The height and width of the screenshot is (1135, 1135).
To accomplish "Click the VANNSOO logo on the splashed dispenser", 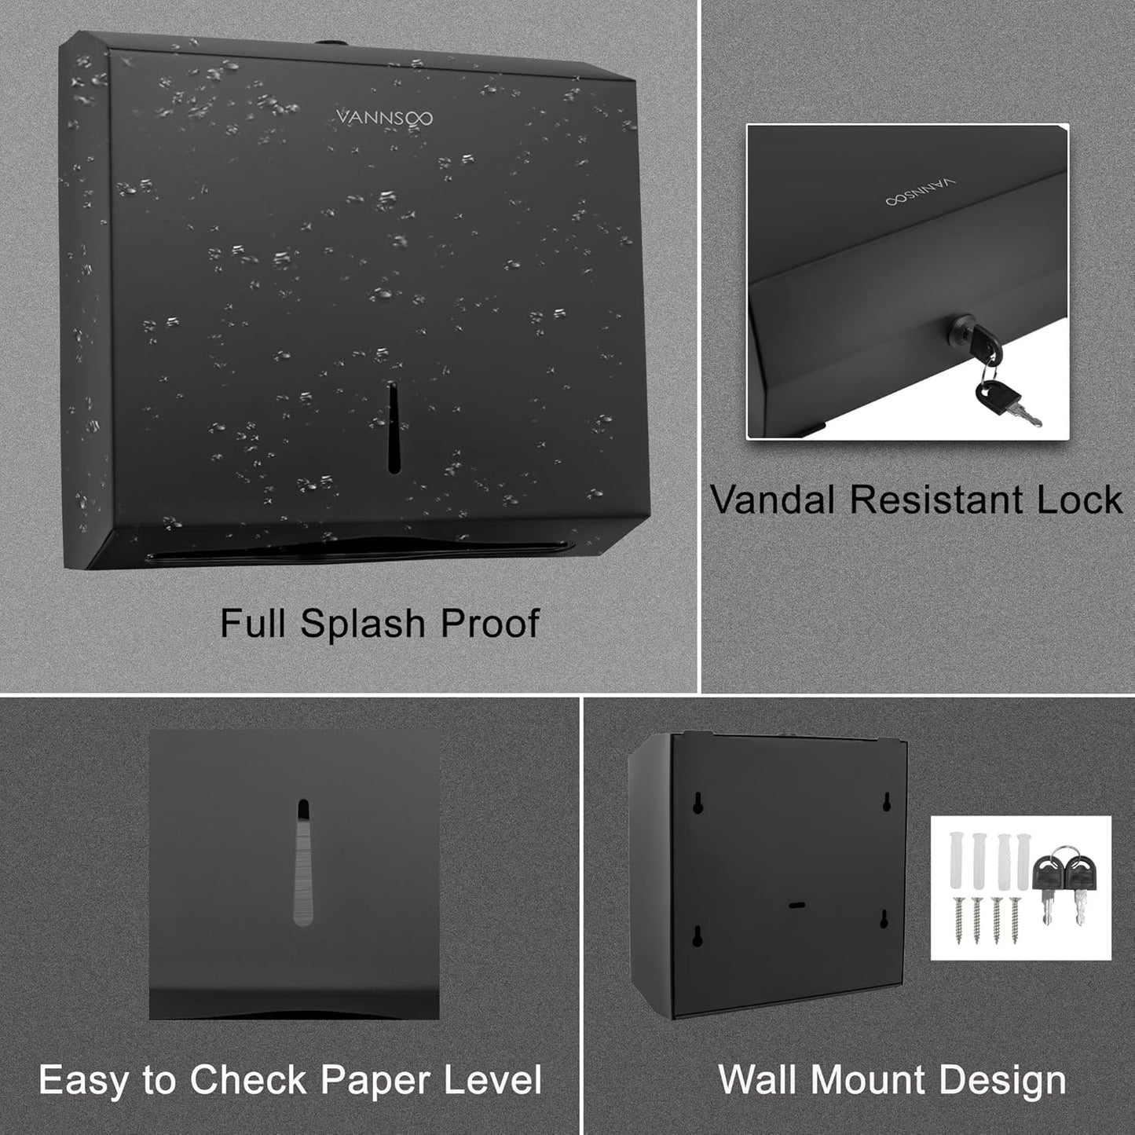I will pyautogui.click(x=384, y=118).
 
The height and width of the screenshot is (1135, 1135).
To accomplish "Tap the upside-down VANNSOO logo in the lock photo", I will pyautogui.click(x=921, y=193).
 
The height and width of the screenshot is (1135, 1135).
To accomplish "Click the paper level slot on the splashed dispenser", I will pyautogui.click(x=394, y=429).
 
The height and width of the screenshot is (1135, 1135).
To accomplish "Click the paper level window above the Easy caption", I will pyautogui.click(x=302, y=862).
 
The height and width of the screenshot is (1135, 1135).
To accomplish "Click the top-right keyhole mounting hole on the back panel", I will pyautogui.click(x=887, y=801).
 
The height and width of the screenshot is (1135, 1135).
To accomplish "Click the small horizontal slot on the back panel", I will pyautogui.click(x=796, y=905).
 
